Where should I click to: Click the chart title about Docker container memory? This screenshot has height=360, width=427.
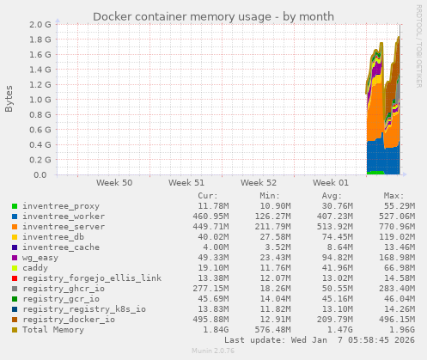[212, 16]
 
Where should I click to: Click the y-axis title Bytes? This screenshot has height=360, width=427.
[9, 100]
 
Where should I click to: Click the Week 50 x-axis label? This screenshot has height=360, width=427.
[114, 183]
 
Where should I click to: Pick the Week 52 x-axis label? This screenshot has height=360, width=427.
[259, 183]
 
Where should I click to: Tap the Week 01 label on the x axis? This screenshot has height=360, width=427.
[331, 183]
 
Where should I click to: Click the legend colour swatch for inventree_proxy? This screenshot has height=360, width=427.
[15, 206]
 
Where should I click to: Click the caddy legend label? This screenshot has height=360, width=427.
[36, 268]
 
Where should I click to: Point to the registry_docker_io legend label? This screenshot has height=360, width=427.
[69, 320]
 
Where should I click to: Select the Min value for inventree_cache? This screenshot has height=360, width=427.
[275, 247]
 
